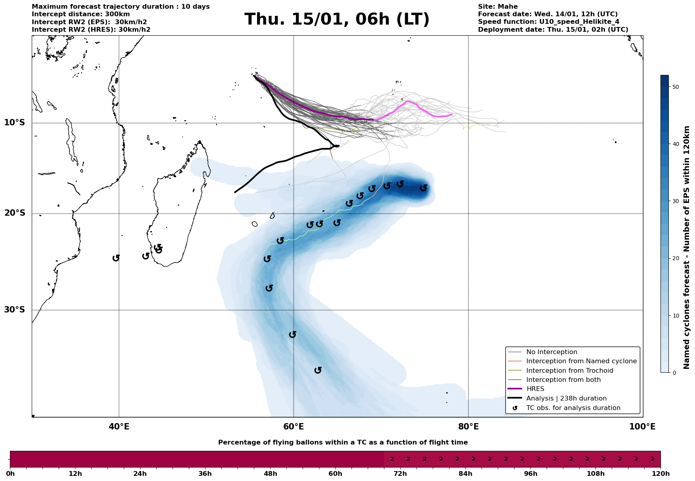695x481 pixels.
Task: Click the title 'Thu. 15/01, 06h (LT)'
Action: [337, 19]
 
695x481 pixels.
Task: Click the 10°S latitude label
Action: [15, 123]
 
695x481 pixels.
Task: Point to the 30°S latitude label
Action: [15, 310]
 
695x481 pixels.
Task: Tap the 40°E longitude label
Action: [119, 427]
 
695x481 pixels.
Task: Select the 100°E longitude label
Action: [643, 427]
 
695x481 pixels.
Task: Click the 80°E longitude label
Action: [468, 427]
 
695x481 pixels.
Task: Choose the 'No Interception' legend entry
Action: [551, 352]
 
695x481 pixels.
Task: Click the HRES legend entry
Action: [535, 389]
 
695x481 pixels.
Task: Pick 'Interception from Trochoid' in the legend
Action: [570, 371]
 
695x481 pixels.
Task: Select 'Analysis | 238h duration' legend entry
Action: [566, 399]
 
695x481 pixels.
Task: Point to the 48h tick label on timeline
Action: [270, 474]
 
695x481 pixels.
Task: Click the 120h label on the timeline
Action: [660, 474]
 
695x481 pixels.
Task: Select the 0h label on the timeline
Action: [10, 474]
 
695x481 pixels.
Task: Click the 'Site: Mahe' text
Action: [498, 7]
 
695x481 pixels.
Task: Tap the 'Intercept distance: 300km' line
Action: [81, 14]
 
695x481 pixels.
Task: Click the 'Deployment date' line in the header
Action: [553, 30]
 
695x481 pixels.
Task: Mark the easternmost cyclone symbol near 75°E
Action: [424, 188]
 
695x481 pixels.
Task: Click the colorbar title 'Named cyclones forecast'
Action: [687, 247]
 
